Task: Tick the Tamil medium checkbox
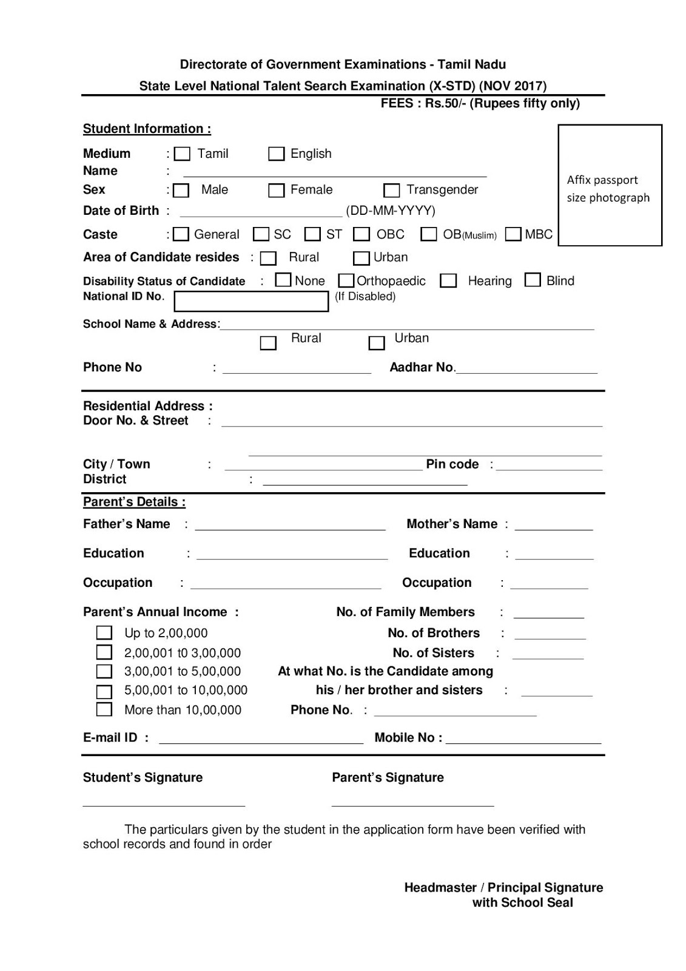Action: tap(182, 154)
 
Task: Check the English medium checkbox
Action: tap(276, 154)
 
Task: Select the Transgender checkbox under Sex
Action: tap(392, 191)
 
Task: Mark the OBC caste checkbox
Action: tap(361, 234)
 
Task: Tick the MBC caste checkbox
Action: tap(513, 234)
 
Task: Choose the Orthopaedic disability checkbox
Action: tap(346, 280)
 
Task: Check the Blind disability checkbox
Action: tap(533, 280)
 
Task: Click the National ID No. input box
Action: tap(251, 302)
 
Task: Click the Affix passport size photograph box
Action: tap(610, 185)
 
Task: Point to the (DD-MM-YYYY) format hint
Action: tap(391, 211)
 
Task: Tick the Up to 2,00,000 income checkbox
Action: tap(104, 633)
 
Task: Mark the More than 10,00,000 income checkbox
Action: tap(104, 709)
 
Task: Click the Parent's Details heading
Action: tap(134, 502)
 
